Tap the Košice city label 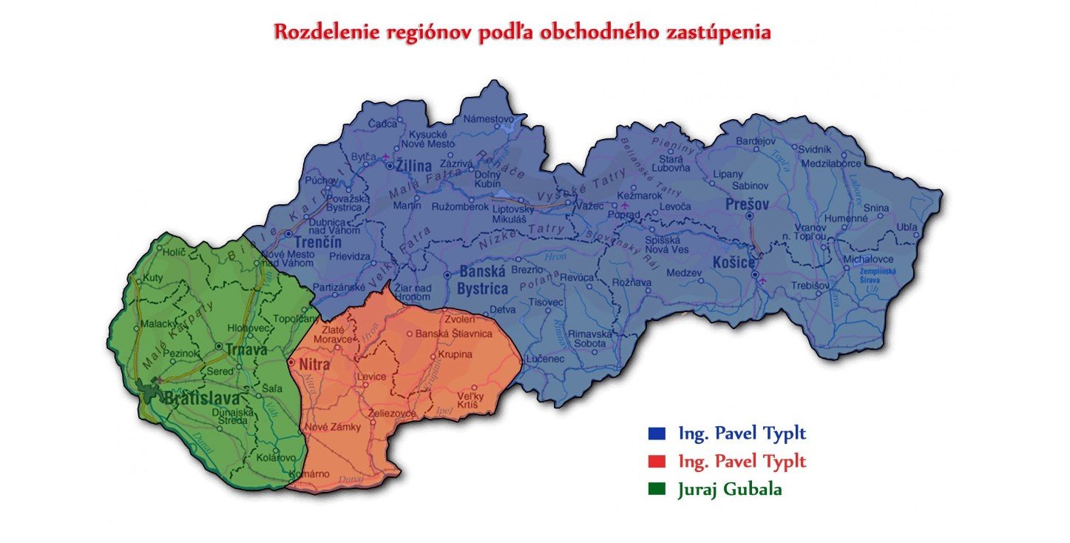click(734, 263)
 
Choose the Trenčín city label click(317, 243)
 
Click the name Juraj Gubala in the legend click(729, 490)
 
